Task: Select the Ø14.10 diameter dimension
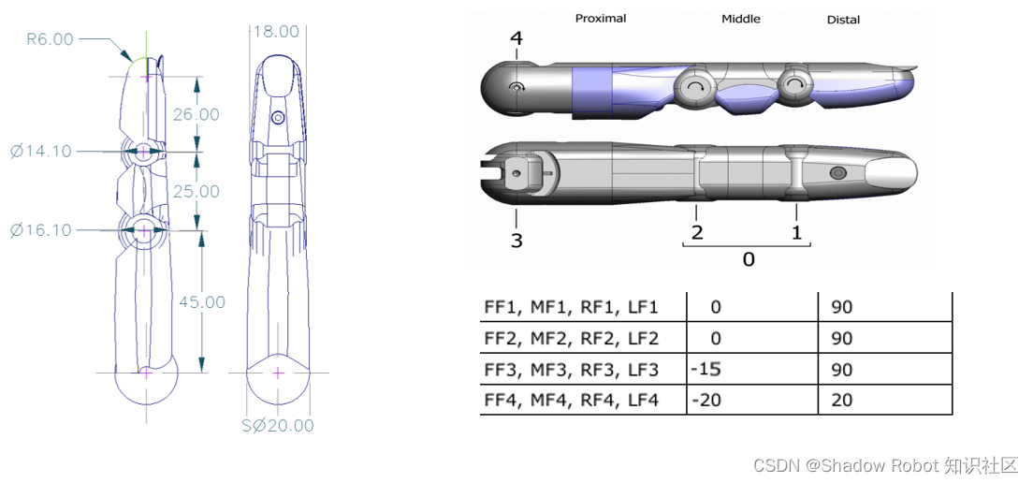tap(41, 151)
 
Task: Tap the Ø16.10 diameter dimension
tap(41, 230)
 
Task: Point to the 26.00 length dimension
tap(196, 114)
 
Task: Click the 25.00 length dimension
tap(196, 191)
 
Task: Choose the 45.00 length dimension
tap(202, 302)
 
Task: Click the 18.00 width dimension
tap(277, 32)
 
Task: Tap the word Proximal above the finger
tap(601, 18)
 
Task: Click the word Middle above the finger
tap(741, 19)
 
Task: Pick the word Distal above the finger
tap(843, 20)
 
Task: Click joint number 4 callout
tap(516, 38)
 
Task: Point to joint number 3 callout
tap(516, 241)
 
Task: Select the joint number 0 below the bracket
tap(749, 259)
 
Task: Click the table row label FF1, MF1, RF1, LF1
tap(571, 307)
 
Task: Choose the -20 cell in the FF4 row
tap(706, 400)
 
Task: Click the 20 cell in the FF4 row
tap(841, 400)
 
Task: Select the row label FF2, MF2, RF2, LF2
tap(571, 338)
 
